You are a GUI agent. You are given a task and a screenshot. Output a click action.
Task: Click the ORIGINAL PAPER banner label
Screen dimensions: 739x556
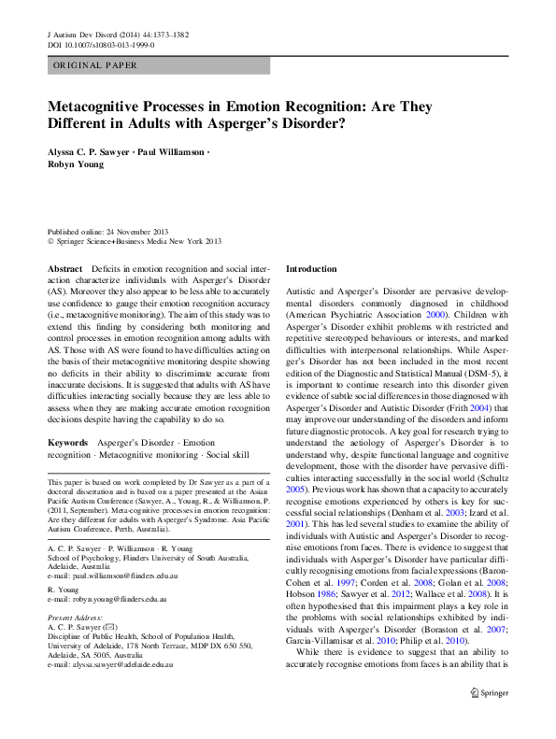[x=94, y=65]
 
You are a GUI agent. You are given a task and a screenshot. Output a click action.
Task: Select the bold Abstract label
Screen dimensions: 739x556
[x=64, y=269]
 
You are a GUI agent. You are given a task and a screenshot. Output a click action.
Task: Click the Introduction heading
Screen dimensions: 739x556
[x=311, y=269]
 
